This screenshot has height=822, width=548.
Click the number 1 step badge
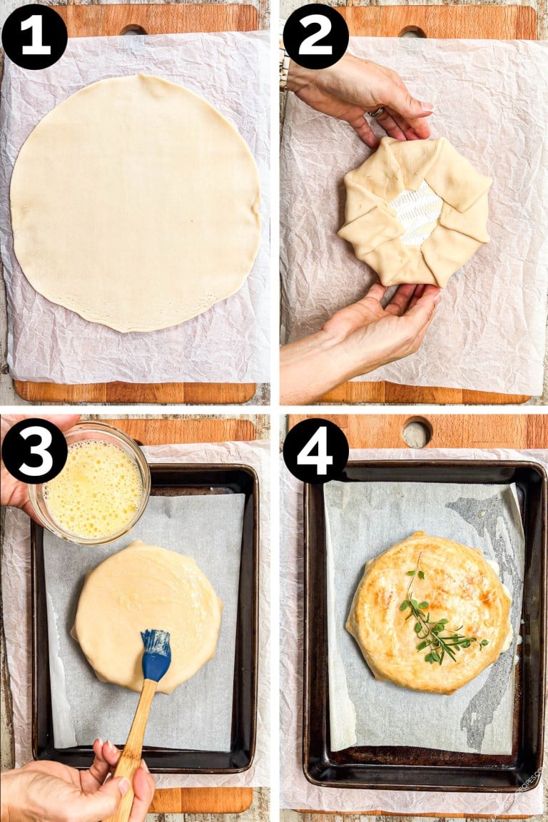click(x=34, y=36)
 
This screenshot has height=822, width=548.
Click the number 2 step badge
click(x=315, y=36)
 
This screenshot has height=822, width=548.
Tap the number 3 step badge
click(x=34, y=450)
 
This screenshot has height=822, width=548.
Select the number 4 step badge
click(x=315, y=450)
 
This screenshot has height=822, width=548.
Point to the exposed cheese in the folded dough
click(x=417, y=212)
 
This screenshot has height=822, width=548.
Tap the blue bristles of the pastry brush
click(x=156, y=653)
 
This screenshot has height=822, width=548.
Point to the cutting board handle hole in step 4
click(x=417, y=432)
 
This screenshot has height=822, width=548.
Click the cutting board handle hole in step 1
click(x=133, y=30)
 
